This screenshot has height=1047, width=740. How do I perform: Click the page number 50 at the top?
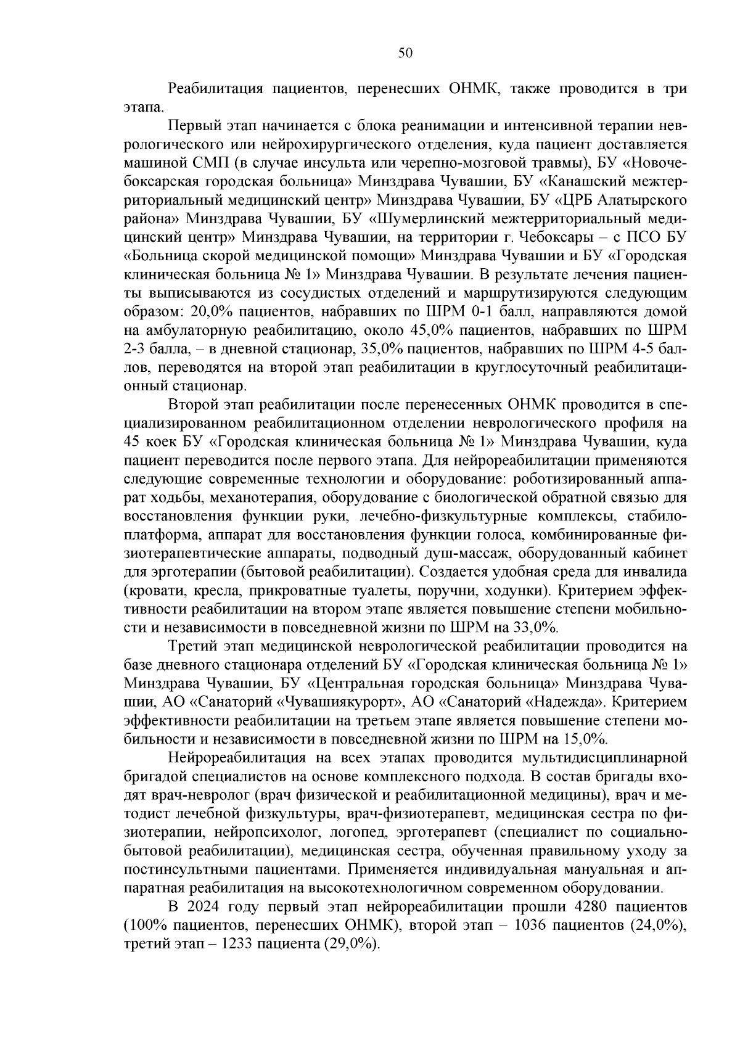coord(405,53)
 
